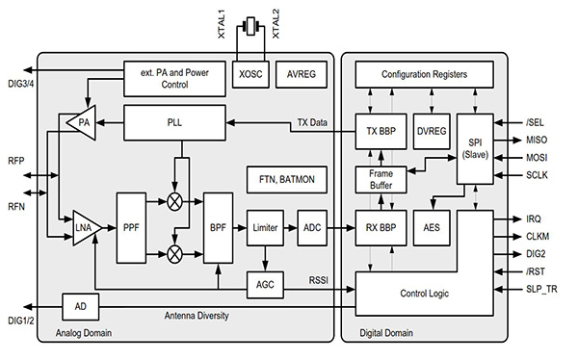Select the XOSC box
click(251, 73)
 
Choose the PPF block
click(131, 227)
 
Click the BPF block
click(218, 227)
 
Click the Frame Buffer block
click(381, 179)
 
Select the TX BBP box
click(381, 131)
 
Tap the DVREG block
click(432, 131)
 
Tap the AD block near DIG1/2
click(80, 306)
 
